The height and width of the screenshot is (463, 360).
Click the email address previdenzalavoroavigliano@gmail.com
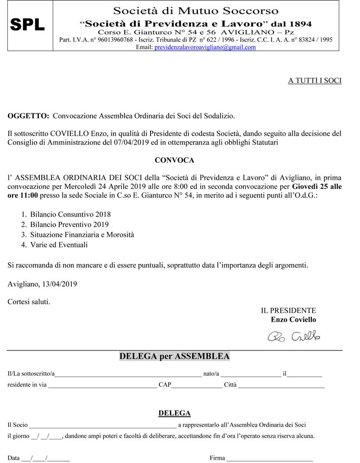click(x=205, y=47)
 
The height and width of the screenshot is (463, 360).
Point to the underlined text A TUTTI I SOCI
click(x=315, y=81)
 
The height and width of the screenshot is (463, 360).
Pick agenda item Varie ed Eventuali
click(x=59, y=245)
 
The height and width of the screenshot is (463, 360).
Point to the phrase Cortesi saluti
click(x=29, y=302)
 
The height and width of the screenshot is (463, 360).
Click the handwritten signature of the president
click(x=294, y=336)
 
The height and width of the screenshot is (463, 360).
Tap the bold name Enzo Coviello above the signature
click(x=293, y=319)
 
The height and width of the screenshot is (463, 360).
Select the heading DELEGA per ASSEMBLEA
click(x=174, y=357)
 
